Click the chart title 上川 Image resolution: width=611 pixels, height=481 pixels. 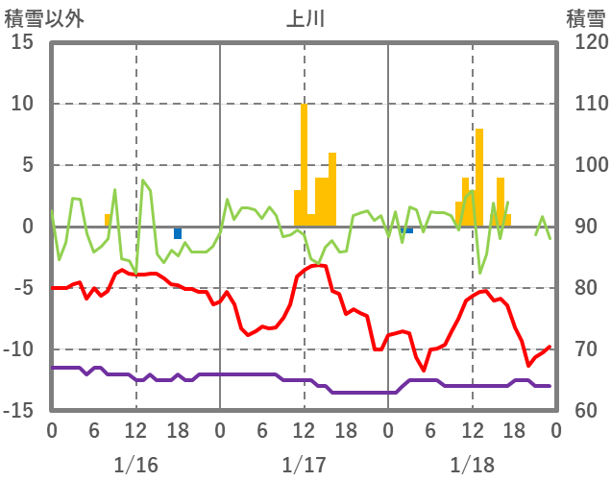coord(305,18)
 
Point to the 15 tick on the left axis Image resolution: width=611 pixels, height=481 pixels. coord(23,42)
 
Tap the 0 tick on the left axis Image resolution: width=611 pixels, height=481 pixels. coord(28,227)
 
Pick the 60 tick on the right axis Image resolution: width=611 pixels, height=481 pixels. coord(581,411)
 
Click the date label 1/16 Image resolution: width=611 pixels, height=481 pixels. coord(135,465)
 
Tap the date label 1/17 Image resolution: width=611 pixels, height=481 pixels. coord(305,465)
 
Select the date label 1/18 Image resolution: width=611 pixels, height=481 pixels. coord(473,465)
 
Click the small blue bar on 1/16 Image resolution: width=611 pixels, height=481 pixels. coord(178,233)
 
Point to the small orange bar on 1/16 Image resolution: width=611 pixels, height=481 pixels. coord(108,220)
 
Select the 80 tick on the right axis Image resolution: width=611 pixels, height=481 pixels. coord(581,288)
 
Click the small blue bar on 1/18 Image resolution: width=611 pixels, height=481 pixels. coord(409,230)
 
